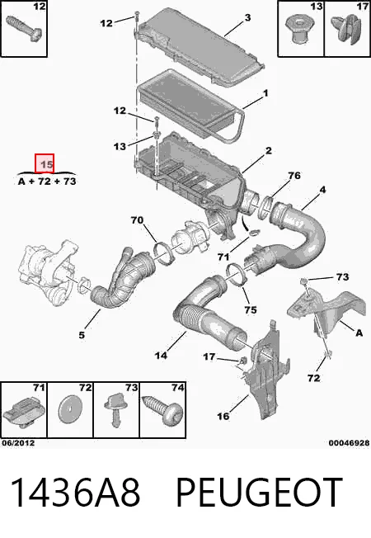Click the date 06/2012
click(18, 443)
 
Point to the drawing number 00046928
click(349, 443)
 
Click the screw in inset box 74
click(162, 411)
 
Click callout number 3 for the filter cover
click(247, 17)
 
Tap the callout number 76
click(294, 176)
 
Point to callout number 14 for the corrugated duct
click(161, 355)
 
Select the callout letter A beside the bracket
click(359, 333)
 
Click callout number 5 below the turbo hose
click(82, 335)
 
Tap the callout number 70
click(137, 219)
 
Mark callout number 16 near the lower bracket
click(223, 416)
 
